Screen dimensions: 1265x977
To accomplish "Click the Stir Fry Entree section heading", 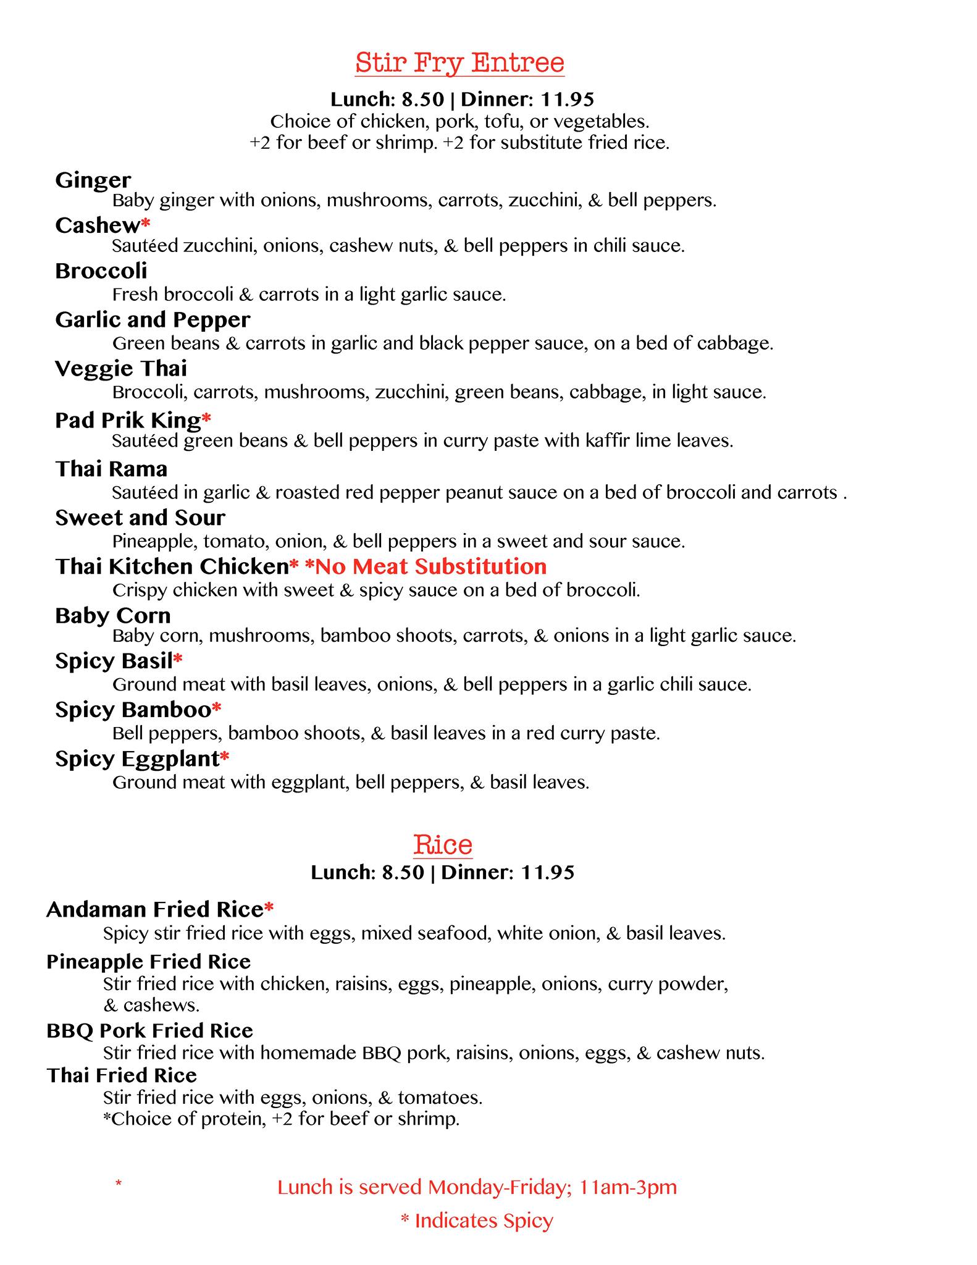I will [x=459, y=63].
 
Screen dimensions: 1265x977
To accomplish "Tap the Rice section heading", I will [x=443, y=844].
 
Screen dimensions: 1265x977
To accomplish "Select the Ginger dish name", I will [x=93, y=180].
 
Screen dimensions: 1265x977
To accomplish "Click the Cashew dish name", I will [x=98, y=225].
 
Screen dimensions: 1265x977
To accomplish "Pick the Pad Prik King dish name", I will [x=128, y=420].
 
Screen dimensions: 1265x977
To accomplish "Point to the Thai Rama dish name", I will [x=111, y=469].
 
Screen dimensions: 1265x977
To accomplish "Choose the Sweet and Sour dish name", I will [x=140, y=518].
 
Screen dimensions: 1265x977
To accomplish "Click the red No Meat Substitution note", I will [x=426, y=566].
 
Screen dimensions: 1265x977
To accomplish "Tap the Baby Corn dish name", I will [x=113, y=615].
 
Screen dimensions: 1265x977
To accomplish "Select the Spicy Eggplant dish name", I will [x=137, y=759].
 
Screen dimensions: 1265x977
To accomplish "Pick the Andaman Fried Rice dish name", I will [x=155, y=909].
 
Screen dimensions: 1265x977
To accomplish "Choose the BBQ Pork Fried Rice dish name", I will [x=149, y=1030].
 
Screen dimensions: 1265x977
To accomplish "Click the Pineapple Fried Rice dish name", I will [x=148, y=962].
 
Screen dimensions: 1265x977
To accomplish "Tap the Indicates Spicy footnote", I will [x=477, y=1221].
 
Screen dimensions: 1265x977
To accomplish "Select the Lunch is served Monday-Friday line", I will [x=477, y=1187].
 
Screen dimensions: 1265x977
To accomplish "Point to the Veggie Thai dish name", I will [x=121, y=369].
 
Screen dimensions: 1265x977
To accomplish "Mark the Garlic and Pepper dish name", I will [x=153, y=320].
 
